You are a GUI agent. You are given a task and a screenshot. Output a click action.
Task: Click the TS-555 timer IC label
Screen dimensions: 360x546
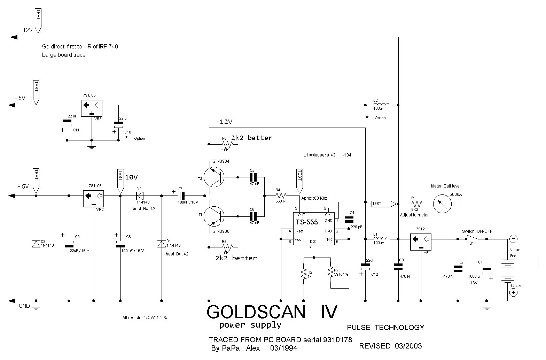(307, 222)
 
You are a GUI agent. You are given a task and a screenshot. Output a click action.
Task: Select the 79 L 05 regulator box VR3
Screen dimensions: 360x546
(92, 108)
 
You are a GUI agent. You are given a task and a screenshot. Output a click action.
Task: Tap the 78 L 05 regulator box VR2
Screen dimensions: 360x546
(94, 199)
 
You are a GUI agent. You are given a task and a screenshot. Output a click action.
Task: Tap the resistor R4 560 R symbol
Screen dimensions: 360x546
(281, 196)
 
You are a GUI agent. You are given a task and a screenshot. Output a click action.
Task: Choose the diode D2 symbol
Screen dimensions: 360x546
(140, 196)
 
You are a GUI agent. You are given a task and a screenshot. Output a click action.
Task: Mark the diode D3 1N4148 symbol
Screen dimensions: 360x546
(36, 244)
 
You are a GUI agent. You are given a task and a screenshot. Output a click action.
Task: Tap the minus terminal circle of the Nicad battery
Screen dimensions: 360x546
(513, 239)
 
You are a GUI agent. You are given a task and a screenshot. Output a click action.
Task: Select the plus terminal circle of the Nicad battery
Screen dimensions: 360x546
(513, 293)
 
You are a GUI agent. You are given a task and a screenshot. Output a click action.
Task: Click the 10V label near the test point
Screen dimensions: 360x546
(131, 177)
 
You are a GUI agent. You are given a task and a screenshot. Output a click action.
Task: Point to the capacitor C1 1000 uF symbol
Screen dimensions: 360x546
(487, 271)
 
